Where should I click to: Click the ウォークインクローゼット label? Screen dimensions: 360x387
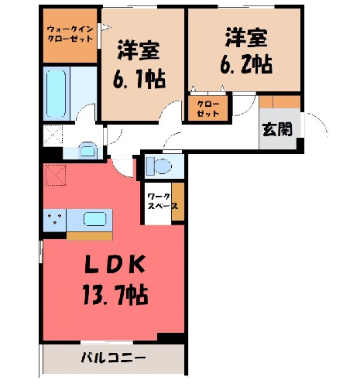pos(70,34)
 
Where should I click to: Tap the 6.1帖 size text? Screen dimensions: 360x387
pos(139,78)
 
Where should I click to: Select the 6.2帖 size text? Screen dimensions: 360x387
pos(246,63)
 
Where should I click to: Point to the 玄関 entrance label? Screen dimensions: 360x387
pos(277,129)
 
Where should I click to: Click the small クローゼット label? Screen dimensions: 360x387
pos(208,108)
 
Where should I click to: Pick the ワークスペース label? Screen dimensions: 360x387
pos(163,201)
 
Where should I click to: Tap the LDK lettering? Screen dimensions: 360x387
pos(115,264)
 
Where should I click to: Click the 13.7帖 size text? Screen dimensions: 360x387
pos(115,294)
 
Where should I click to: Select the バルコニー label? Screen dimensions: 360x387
pos(114,358)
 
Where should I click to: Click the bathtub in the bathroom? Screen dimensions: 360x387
pos(56,94)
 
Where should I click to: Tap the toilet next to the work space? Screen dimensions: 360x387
pos(159,166)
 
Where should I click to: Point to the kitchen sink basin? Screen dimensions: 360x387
pos(94,220)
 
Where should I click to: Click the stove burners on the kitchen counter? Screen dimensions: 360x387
pos(55,220)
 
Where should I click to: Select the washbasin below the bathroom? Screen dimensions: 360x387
pos(87,150)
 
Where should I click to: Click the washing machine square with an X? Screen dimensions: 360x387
pos(53,135)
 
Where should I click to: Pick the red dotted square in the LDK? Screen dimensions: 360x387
pos(56,175)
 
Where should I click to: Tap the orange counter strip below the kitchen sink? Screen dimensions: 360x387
pos(90,236)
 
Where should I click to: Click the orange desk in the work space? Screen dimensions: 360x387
pos(178,202)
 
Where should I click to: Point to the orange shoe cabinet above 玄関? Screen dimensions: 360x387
pos(280,102)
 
